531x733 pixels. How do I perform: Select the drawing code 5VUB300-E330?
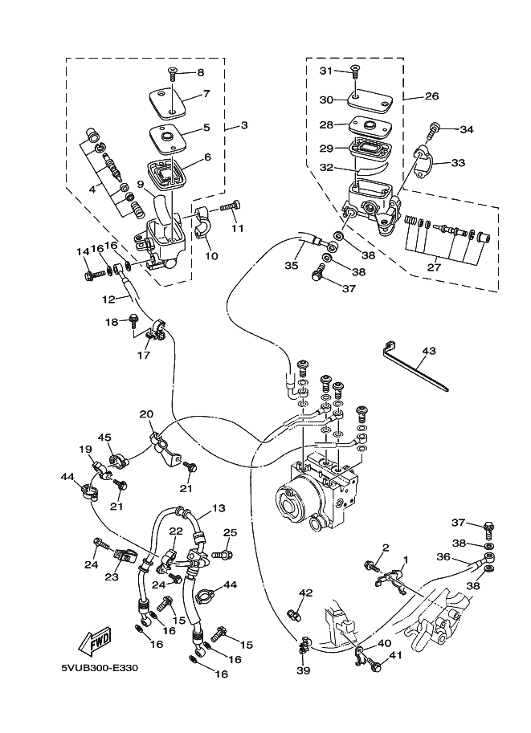(x=100, y=667)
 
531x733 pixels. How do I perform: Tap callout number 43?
(x=428, y=350)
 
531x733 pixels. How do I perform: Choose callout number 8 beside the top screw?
(x=201, y=72)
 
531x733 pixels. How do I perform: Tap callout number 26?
(x=432, y=96)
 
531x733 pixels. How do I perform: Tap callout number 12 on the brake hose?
(x=108, y=299)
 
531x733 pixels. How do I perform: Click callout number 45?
(x=104, y=437)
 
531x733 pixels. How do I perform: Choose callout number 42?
(x=305, y=593)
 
